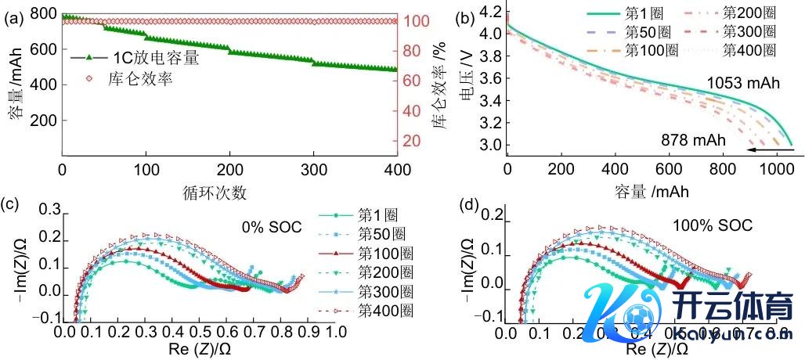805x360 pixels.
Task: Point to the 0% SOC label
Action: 267,228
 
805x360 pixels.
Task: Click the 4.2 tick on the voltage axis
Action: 491,12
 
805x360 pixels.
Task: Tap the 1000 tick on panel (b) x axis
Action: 777,170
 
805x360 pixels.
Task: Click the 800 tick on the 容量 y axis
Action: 44,13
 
